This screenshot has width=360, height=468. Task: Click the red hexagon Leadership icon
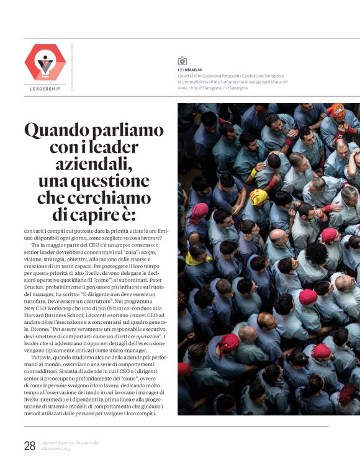(45, 62)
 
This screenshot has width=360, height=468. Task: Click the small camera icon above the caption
(182, 61)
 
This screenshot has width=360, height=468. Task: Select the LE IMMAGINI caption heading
(190, 70)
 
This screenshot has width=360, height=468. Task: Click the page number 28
(30, 445)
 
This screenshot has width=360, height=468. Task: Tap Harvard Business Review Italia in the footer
(70, 443)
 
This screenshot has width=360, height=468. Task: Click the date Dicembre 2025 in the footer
(56, 448)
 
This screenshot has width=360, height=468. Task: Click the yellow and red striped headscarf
(258, 197)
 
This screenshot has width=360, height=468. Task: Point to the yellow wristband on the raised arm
(254, 172)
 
